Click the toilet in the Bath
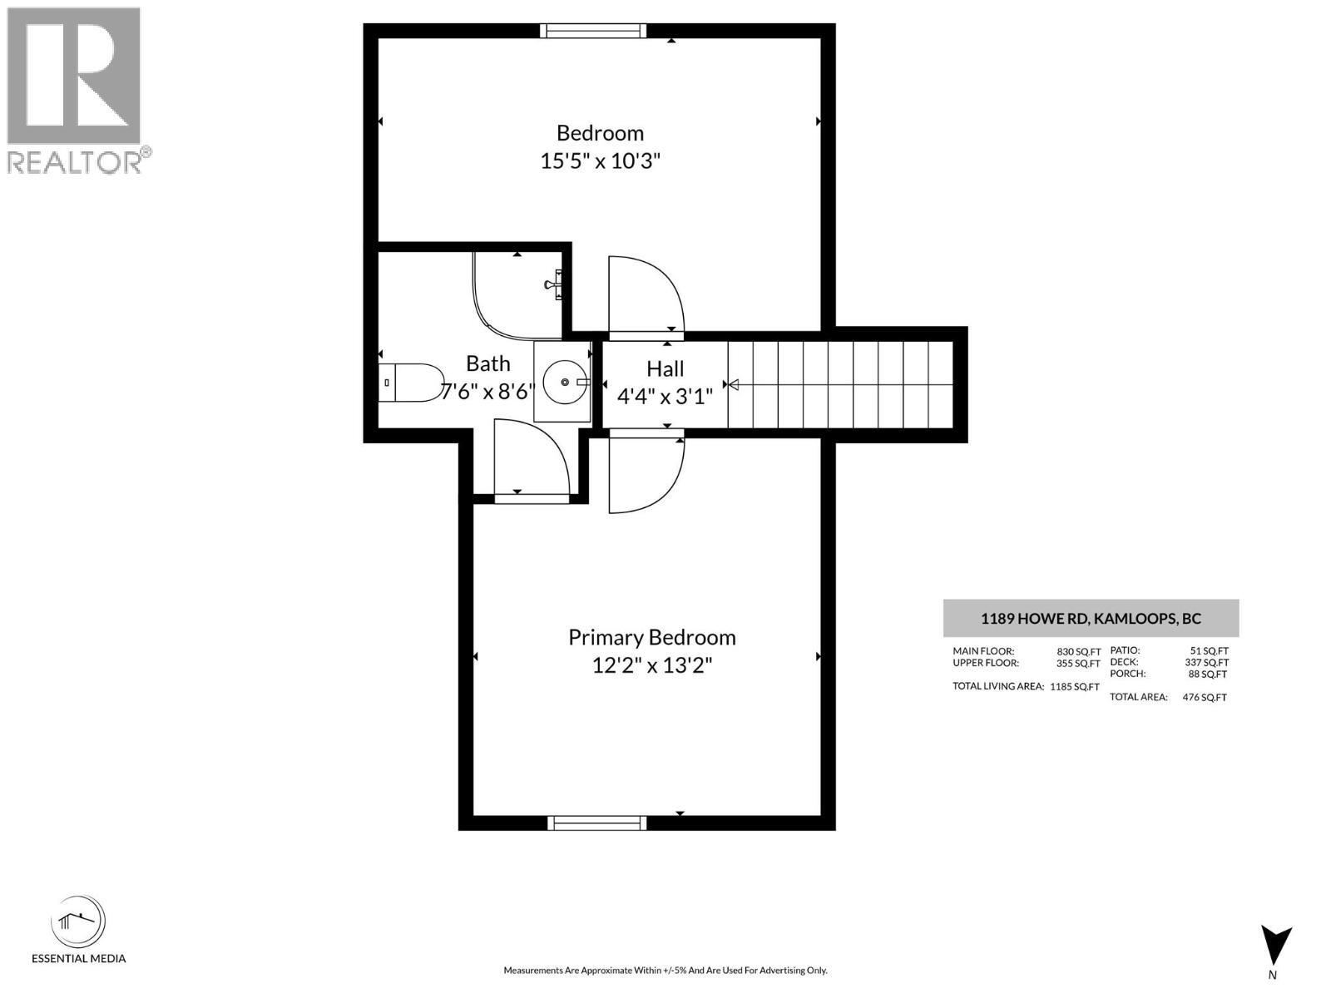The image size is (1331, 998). [411, 383]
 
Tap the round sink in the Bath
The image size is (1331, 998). [565, 382]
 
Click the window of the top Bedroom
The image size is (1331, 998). [592, 31]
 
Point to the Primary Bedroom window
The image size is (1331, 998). [596, 823]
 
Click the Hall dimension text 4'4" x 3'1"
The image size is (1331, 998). [665, 396]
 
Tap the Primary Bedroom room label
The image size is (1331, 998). [651, 637]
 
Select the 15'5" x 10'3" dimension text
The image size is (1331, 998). [600, 161]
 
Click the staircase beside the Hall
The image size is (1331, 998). [840, 384]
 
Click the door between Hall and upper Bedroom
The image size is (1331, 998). [644, 295]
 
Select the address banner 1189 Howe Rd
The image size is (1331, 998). [1090, 618]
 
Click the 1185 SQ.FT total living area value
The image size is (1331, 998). [1074, 687]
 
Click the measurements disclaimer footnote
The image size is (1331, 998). [665, 970]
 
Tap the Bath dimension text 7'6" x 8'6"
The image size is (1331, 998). [487, 391]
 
